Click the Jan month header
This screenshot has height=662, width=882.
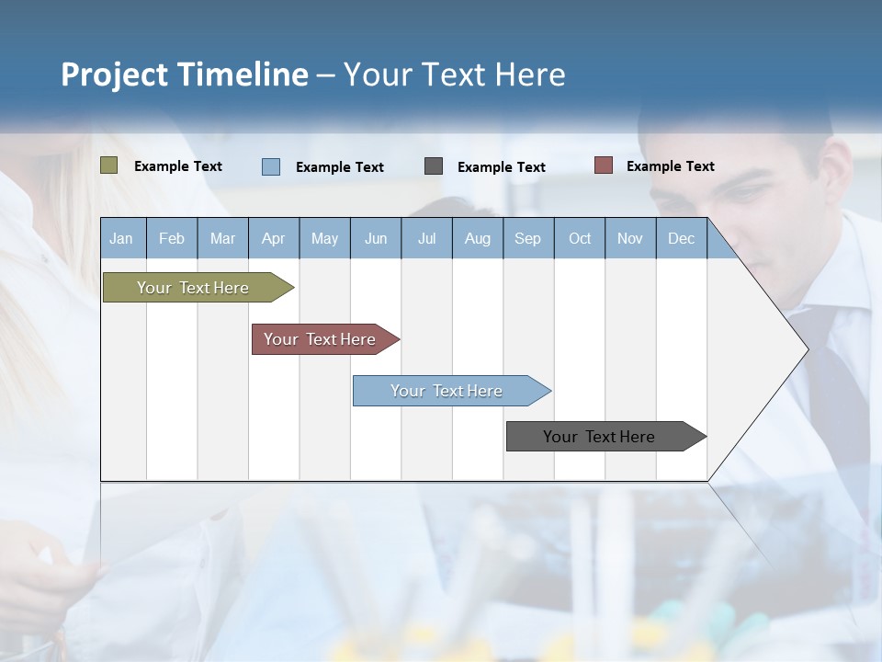coord(122,238)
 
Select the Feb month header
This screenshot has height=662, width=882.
coord(172,238)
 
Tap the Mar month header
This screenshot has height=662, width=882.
coord(222,238)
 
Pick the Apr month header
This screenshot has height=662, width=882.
coord(273,238)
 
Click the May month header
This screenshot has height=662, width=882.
coord(324,238)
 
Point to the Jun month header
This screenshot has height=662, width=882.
coord(376,238)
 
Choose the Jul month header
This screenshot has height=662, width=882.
coord(426,238)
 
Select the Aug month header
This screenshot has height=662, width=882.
coord(478,238)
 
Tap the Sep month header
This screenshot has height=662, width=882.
coord(528,238)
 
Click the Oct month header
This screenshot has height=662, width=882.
coord(580,238)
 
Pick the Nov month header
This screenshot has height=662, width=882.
coord(630,238)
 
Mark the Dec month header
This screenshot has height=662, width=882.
coord(682,238)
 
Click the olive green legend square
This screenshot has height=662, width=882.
coord(109,165)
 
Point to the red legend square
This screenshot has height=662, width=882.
coord(603,165)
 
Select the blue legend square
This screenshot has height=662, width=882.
coord(271,166)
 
